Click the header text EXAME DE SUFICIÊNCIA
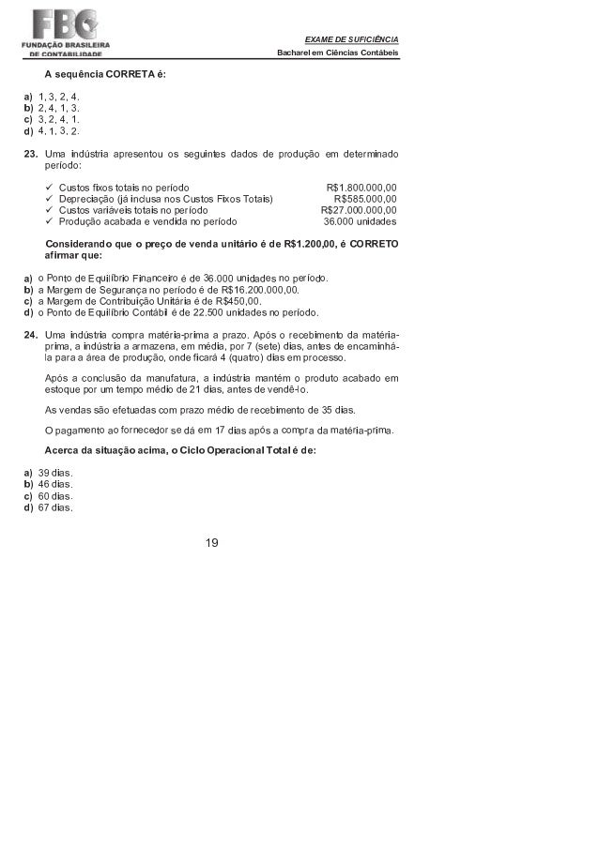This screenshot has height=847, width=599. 352,38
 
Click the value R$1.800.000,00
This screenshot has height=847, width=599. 361,187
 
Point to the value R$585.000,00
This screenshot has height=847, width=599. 365,199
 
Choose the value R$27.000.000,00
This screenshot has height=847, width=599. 359,211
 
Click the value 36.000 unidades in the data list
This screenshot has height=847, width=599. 360,223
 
